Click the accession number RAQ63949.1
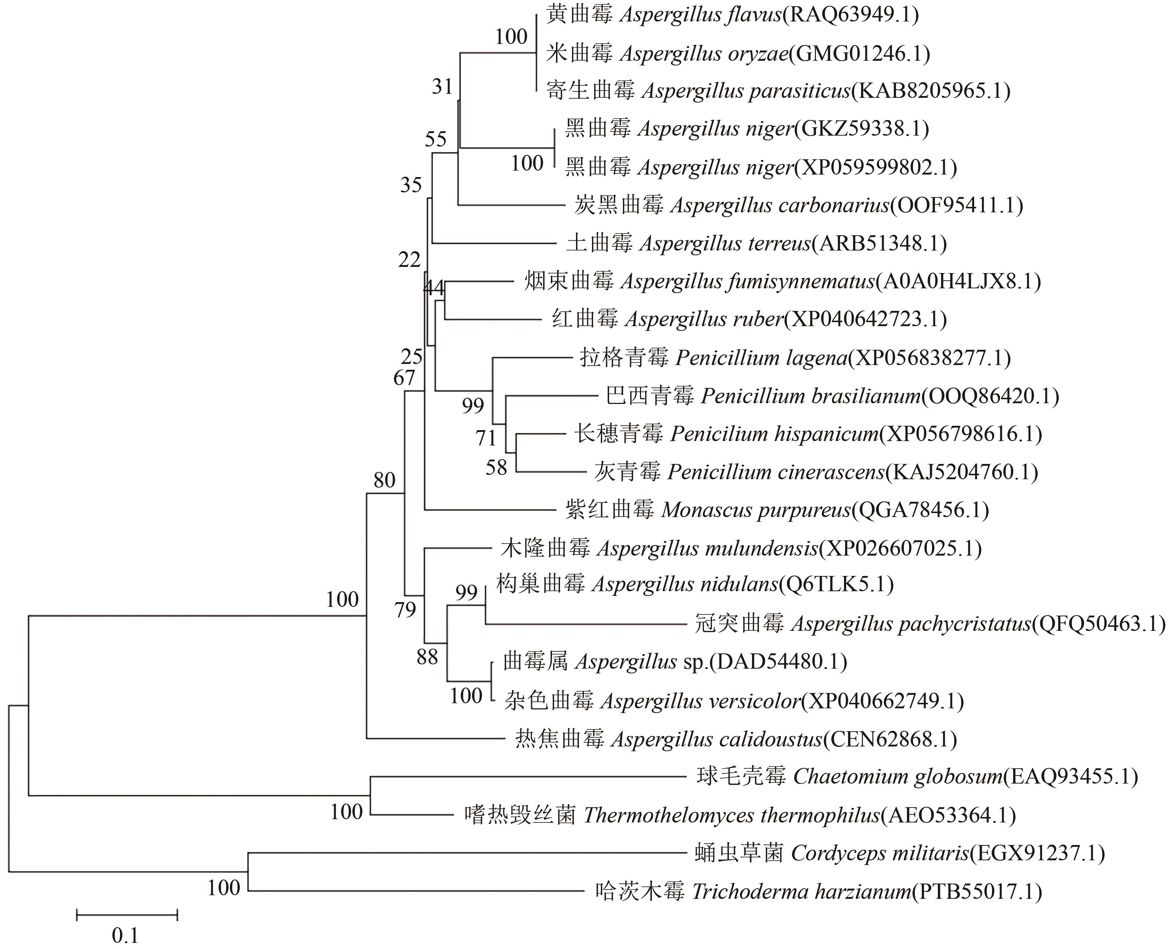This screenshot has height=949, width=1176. tap(850, 15)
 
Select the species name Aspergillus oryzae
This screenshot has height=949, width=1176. tap(704, 53)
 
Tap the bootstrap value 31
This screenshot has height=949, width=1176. tap(442, 87)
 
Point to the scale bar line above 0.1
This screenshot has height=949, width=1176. tap(127, 915)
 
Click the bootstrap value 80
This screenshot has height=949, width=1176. tap(384, 481)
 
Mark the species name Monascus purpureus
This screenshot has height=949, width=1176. tap(756, 510)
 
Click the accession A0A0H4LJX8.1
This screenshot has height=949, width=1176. tap(958, 281)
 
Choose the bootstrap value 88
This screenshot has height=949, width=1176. tap(427, 657)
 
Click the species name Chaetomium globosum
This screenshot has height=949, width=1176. tap(897, 776)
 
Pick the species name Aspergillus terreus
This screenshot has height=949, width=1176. tap(724, 243)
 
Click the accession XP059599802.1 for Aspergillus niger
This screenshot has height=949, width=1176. tap(875, 167)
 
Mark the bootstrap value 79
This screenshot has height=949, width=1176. tap(405, 610)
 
